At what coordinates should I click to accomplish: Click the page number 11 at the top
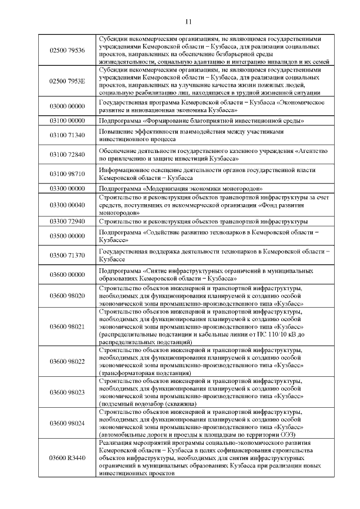point(188,21)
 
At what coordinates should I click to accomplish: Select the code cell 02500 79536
point(67,50)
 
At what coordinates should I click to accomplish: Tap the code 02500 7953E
point(67,81)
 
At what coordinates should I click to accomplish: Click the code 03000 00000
point(67,106)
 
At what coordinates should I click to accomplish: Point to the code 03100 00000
point(67,121)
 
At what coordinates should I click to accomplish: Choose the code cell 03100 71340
point(67,135)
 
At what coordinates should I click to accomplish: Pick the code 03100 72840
point(67,154)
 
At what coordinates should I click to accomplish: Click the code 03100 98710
point(67,173)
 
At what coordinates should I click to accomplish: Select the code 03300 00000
point(67,188)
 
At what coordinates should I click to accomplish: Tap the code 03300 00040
point(67,205)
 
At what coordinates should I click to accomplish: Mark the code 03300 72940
point(67,222)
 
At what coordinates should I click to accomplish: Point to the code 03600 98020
point(67,295)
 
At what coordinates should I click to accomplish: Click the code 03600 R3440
point(67,458)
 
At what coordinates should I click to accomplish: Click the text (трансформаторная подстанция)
point(145,372)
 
